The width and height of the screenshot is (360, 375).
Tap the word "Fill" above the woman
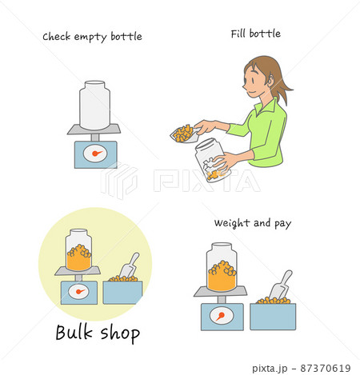(x=238, y=34)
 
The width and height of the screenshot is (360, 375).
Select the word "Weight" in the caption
(x=232, y=224)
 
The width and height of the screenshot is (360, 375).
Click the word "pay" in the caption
(x=282, y=225)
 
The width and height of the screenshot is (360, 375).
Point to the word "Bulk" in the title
(x=74, y=332)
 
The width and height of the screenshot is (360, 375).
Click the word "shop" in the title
(x=120, y=333)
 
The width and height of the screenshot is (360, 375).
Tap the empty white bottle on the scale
(x=94, y=106)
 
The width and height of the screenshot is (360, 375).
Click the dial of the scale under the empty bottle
(x=95, y=154)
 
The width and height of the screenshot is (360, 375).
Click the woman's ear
(x=271, y=79)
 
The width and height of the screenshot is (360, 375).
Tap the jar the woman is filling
(x=212, y=160)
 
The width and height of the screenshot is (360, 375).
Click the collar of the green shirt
(x=266, y=106)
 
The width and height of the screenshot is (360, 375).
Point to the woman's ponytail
(x=283, y=88)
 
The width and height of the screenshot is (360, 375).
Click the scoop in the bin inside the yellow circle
(x=130, y=265)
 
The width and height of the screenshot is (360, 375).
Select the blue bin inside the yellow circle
(x=122, y=293)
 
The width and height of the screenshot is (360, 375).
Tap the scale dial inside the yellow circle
(x=78, y=291)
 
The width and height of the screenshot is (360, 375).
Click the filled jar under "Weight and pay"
(x=222, y=267)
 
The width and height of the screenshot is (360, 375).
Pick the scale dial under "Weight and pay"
(x=222, y=316)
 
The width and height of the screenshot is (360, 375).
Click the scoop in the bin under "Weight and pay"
(x=281, y=285)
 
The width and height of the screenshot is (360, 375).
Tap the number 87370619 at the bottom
(x=326, y=369)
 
